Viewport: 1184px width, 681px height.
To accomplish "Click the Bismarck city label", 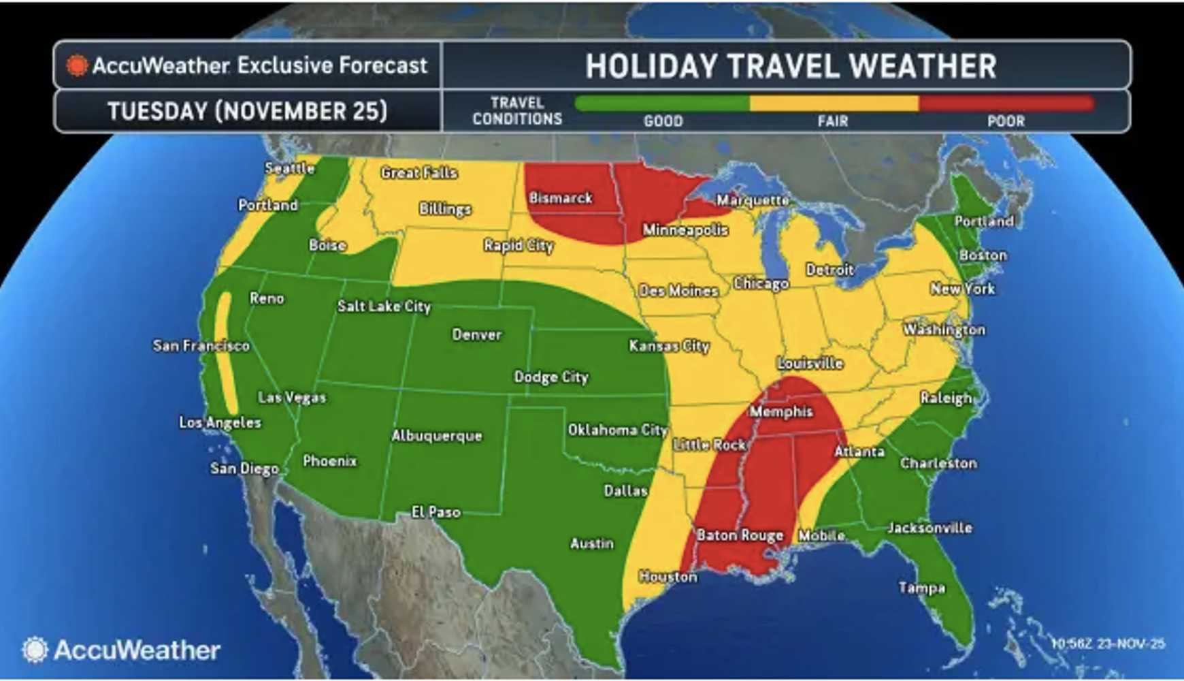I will point(561,198).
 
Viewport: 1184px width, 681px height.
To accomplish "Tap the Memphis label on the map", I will point(780,411).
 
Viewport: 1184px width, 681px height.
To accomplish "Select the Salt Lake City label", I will point(384,306).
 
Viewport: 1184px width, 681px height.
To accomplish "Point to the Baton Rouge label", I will point(740,535).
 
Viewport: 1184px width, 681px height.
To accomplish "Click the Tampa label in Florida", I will point(921,588).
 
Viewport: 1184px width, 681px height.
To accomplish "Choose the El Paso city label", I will point(436,511).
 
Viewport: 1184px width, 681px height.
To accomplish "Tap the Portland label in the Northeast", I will point(984,221).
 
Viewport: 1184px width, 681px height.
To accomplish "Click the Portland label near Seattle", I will point(267,205).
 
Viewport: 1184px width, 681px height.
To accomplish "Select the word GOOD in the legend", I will point(663,121).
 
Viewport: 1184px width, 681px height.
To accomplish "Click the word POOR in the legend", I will point(1006,121).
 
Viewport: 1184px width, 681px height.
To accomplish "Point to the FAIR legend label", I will point(833,121).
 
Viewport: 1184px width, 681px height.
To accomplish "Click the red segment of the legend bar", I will point(1006,104).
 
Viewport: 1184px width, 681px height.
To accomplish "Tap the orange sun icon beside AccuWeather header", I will point(77,65).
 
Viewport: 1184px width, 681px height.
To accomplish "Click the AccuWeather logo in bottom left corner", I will point(121,650).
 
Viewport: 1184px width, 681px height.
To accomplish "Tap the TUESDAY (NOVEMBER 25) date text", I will point(248,111).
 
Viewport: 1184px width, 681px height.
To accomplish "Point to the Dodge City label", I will point(551,377).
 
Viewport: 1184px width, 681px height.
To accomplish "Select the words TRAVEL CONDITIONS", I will point(517,111).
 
